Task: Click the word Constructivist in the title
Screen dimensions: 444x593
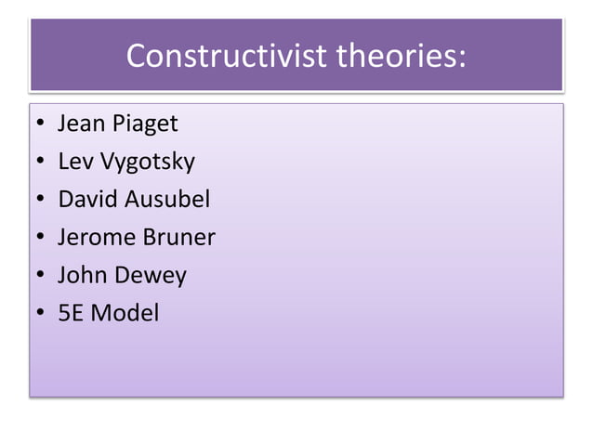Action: [226, 57]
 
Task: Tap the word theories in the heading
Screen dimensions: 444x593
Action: [400, 57]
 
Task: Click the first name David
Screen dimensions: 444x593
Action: [86, 200]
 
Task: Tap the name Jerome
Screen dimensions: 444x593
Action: [96, 238]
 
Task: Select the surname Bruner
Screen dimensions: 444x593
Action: [178, 238]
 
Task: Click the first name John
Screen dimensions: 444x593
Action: [81, 276]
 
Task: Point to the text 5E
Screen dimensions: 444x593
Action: [71, 314]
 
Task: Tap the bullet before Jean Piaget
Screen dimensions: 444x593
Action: [39, 124]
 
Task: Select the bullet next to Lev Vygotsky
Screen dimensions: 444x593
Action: [39, 163]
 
